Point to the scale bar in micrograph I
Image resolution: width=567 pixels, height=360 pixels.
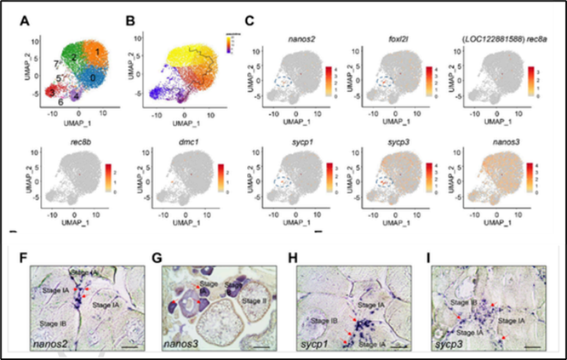click(x=532, y=346)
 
